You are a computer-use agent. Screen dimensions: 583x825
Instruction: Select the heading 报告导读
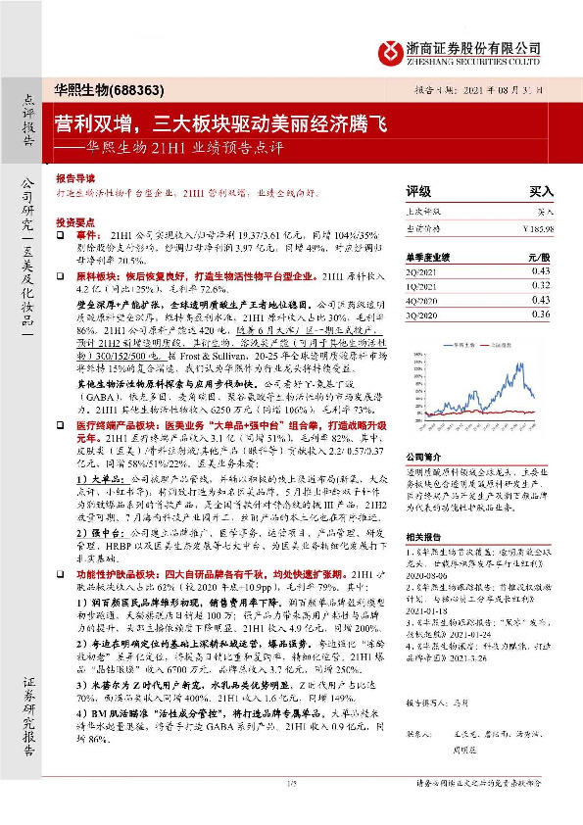point(74,180)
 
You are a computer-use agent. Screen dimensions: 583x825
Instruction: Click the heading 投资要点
point(74,222)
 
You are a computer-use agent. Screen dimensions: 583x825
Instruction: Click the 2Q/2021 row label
point(421,270)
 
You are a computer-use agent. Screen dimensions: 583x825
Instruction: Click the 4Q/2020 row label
point(421,300)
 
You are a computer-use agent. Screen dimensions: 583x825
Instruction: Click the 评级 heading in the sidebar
point(418,192)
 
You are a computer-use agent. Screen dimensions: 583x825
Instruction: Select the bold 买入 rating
point(541,192)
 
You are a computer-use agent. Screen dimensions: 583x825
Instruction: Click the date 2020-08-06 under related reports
point(430,576)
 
